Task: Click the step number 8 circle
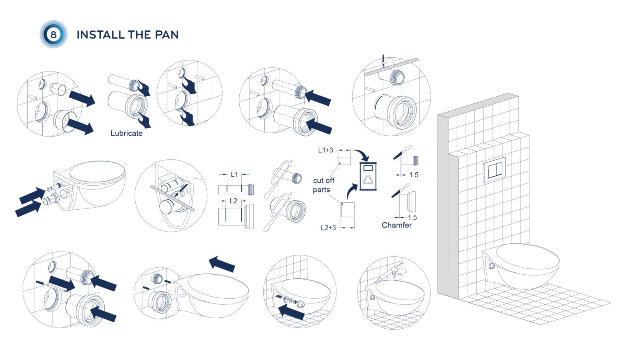[x=53, y=34]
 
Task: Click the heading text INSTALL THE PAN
[x=128, y=35]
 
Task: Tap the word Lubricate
[x=126, y=133]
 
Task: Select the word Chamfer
[x=396, y=225]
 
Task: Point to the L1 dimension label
[x=234, y=174]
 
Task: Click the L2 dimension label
[x=234, y=201]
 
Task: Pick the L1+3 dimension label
[x=325, y=150]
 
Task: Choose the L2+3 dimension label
[x=328, y=228]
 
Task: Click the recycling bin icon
[x=368, y=176]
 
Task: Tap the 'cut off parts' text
[x=323, y=185]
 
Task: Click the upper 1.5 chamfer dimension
[x=414, y=175]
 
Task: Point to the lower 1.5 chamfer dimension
[x=412, y=218]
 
